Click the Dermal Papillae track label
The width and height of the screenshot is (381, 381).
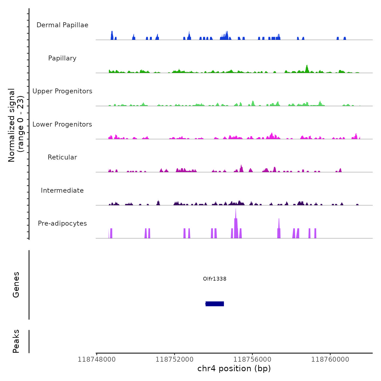click(62, 25)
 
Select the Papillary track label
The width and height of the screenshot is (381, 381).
click(62, 58)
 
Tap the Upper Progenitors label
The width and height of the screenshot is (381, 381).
click(62, 91)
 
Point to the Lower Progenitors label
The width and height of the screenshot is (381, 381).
click(62, 124)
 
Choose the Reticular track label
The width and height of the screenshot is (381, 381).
click(62, 157)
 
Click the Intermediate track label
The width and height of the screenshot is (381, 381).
click(62, 190)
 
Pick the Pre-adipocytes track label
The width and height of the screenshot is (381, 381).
click(62, 223)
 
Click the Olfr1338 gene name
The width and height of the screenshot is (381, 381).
click(215, 279)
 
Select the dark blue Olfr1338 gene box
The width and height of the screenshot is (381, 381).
click(215, 304)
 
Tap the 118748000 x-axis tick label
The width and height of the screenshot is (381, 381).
click(97, 360)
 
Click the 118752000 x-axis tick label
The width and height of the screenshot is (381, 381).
click(174, 360)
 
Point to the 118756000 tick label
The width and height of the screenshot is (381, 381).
click(252, 360)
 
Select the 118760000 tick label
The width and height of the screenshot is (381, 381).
click(330, 360)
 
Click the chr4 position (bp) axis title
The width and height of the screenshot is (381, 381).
click(234, 368)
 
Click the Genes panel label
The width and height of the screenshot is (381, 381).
click(16, 285)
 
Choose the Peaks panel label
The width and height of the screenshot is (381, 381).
click(16, 341)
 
